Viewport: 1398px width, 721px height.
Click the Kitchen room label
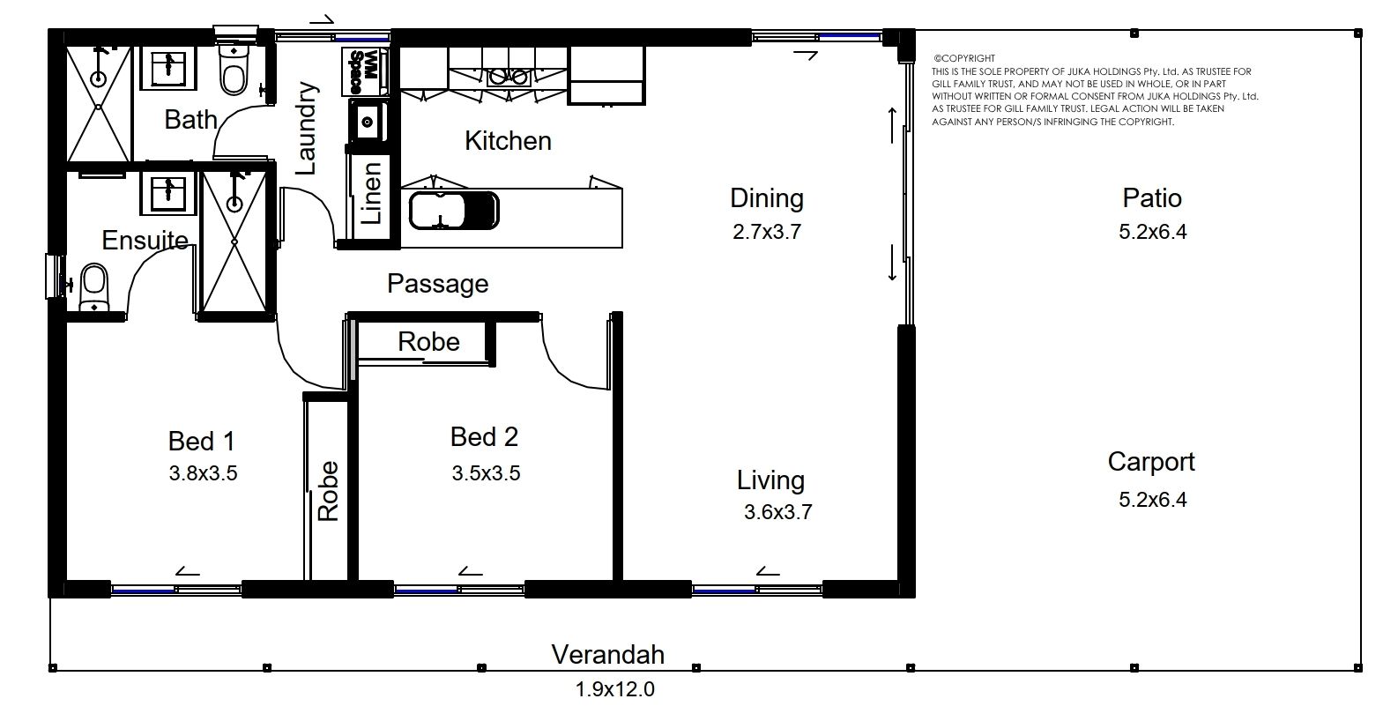click(508, 141)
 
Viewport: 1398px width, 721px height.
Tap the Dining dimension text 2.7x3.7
click(766, 232)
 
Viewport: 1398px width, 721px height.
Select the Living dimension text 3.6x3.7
click(777, 512)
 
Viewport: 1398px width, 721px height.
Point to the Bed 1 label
click(202, 442)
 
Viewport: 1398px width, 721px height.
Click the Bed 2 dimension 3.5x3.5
click(486, 473)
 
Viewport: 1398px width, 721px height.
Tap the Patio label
click(1152, 198)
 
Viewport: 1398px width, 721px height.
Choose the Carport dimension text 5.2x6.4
click(1152, 500)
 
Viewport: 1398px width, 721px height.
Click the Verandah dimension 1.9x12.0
click(614, 689)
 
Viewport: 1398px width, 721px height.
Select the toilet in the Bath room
click(234, 69)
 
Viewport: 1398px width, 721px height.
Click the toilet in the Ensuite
click(93, 287)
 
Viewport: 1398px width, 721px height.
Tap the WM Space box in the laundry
click(364, 71)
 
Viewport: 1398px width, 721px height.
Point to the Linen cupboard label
click(372, 193)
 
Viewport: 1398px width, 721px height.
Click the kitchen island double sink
click(454, 211)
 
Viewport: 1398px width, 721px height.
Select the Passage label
click(437, 284)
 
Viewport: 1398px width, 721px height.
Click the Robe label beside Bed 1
click(328, 491)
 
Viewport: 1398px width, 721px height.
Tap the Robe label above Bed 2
click(428, 341)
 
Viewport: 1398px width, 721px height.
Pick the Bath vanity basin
click(167, 68)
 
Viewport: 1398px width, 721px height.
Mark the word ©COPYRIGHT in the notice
click(964, 59)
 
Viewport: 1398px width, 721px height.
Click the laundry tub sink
click(368, 122)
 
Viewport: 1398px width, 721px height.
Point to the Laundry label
click(306, 129)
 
